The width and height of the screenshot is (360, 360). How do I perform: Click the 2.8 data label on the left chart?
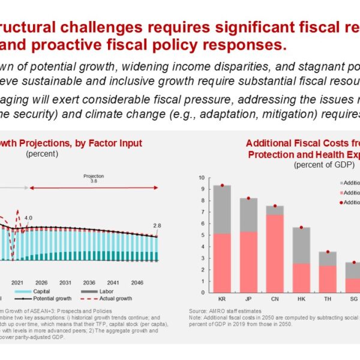(157, 225)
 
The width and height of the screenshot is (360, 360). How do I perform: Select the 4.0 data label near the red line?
(29, 218)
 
